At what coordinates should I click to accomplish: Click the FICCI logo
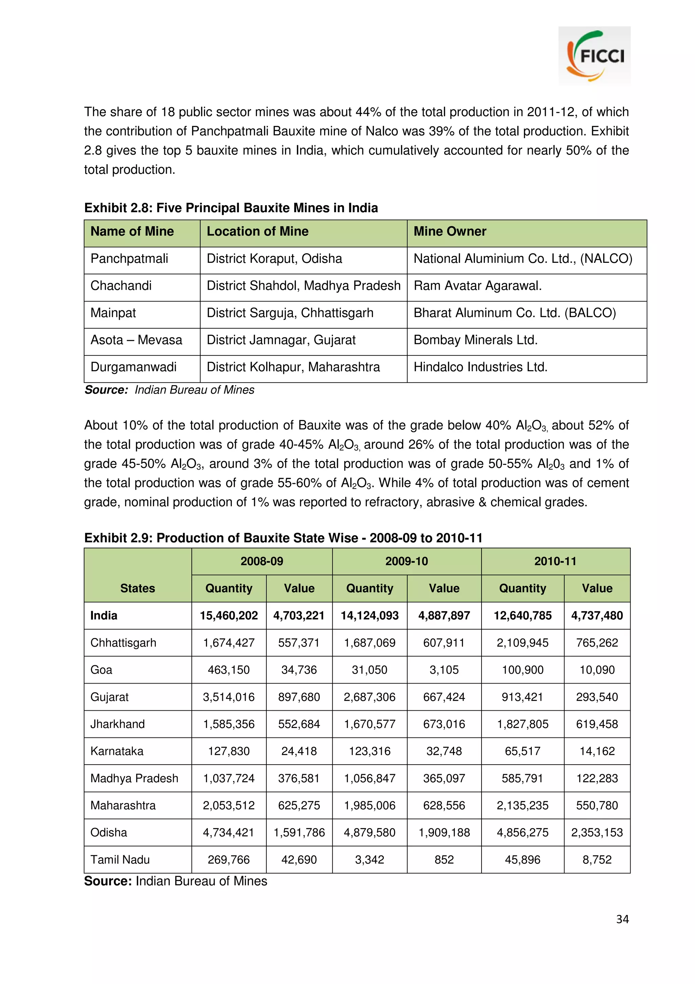coord(594,56)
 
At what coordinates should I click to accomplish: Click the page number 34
coord(622,919)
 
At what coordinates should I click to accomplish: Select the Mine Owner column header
coord(450,232)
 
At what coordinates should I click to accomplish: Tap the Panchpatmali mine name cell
coord(129,259)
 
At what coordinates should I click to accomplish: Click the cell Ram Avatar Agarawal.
coord(477,286)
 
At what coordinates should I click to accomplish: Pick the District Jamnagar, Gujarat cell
coord(281,340)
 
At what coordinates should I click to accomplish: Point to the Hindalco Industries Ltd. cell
coord(481,367)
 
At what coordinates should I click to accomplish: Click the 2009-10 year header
coord(407,561)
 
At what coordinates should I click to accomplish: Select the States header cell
coord(137,588)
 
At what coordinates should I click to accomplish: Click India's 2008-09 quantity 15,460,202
coord(229,616)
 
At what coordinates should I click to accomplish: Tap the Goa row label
coord(101,670)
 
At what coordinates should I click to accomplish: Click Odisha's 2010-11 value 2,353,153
coord(597,832)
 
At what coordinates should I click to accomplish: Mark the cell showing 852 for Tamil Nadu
coord(444,859)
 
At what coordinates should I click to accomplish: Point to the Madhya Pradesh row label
coord(134,778)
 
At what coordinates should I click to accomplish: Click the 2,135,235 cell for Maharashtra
coord(522,805)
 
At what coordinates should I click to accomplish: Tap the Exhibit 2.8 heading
coord(231,208)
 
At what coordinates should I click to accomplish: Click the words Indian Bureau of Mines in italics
coord(194,390)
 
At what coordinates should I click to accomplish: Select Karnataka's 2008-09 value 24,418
coord(299,751)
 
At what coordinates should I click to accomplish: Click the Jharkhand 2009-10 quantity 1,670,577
coord(370,724)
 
